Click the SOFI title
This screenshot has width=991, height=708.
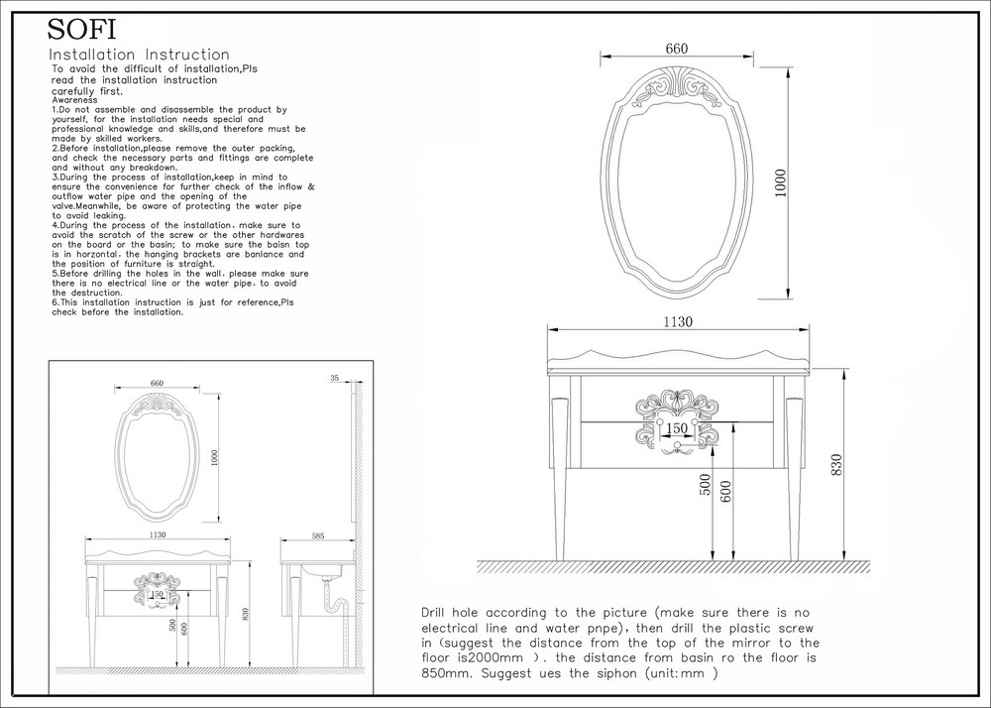point(81,29)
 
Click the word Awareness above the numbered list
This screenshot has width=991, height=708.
point(74,100)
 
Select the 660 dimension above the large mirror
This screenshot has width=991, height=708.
point(676,49)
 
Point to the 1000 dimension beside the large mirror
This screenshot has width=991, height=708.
point(781,182)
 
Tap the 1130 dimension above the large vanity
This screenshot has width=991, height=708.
point(678,321)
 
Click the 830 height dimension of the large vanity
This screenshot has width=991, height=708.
point(836,465)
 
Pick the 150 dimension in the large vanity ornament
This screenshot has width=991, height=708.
point(676,428)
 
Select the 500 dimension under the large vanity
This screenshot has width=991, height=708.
point(707,485)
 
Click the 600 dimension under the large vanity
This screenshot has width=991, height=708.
point(725,491)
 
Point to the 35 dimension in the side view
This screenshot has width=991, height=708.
point(334,378)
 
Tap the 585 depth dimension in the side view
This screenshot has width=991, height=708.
point(318,536)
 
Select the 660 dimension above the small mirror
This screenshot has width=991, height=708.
point(157,383)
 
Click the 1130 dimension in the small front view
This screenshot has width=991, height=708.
point(158,534)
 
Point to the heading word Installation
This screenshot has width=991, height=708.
point(92,55)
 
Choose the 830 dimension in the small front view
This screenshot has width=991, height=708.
point(246,614)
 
